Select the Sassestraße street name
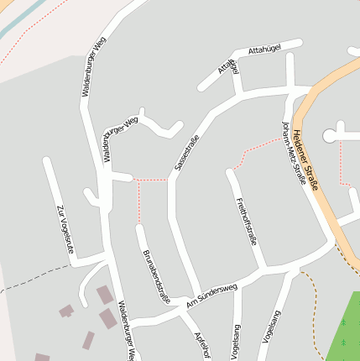click(x=187, y=153)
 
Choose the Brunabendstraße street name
click(x=157, y=276)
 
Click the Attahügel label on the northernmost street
click(x=265, y=50)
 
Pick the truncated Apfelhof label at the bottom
click(x=201, y=343)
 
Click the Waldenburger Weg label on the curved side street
click(x=119, y=139)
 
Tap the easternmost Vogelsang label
click(x=271, y=327)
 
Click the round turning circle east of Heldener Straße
click(x=329, y=134)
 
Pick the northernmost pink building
click(x=104, y=295)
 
